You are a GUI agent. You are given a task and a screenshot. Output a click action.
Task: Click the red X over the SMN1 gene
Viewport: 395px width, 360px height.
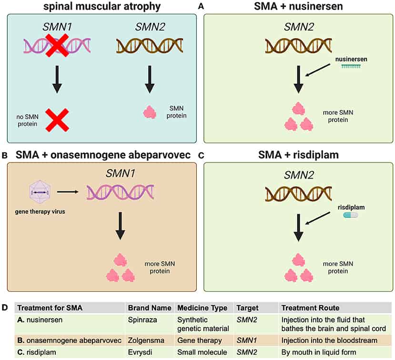click(x=57, y=45)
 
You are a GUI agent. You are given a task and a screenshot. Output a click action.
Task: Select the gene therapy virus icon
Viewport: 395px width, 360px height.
click(x=38, y=193)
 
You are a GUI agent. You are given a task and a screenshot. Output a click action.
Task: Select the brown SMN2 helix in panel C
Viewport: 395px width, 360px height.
click(x=299, y=193)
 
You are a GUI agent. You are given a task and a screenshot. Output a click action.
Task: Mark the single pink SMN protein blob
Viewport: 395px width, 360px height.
click(x=150, y=113)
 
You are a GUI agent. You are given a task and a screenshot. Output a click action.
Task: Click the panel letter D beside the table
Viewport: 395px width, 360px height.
click(x=5, y=308)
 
